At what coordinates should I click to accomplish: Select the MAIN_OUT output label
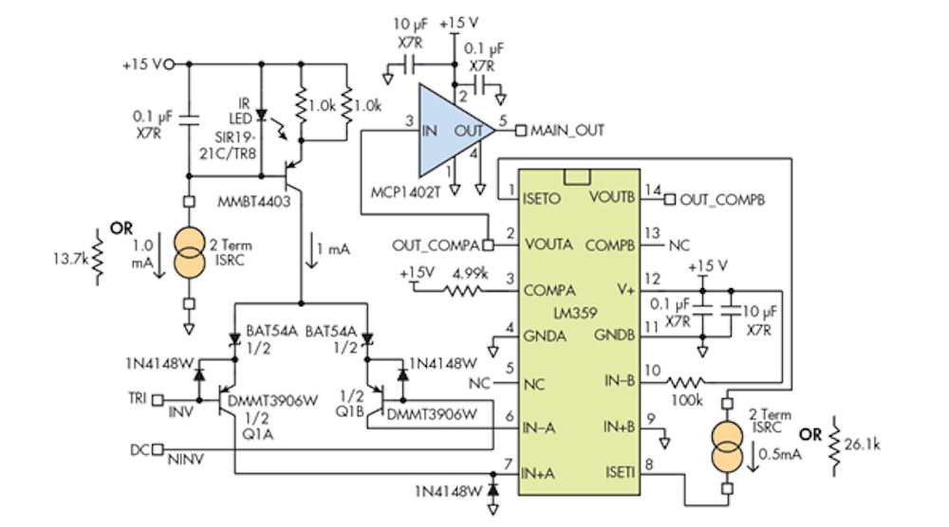[568, 130]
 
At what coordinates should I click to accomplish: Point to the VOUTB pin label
[613, 199]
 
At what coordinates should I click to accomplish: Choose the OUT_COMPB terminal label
[723, 199]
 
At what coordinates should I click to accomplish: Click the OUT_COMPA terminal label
[436, 245]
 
